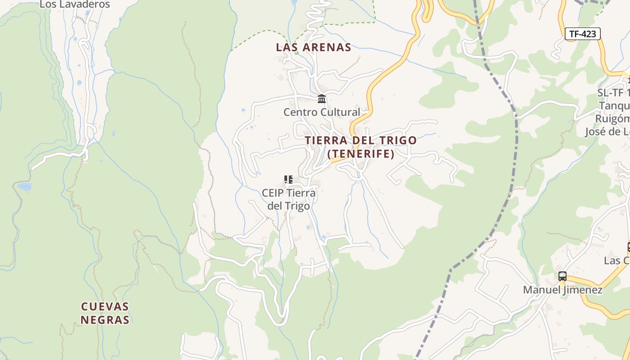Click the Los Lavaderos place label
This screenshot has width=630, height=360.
[x=75, y=4]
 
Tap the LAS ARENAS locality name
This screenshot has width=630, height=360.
[x=313, y=47]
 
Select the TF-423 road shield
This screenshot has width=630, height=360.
[x=582, y=34]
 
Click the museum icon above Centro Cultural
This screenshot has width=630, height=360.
[x=322, y=99]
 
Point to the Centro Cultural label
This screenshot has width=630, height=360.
[x=322, y=112]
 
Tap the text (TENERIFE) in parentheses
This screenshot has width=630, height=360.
[x=361, y=154]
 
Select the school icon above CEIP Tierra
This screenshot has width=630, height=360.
[x=288, y=180]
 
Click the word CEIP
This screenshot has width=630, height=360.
[x=273, y=193]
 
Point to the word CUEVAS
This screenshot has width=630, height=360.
[x=105, y=307]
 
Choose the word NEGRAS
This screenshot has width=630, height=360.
[x=105, y=320]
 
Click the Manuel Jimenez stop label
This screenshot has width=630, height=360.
[x=562, y=290]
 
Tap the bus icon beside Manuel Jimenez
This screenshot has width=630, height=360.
[x=562, y=276]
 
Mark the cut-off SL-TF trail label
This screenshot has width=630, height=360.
[x=613, y=93]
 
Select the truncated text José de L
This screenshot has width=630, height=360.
[x=607, y=132]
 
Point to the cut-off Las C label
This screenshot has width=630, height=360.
[x=617, y=261]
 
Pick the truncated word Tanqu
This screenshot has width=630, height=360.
[x=614, y=106]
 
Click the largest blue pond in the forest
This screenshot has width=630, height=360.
[x=24, y=186]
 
